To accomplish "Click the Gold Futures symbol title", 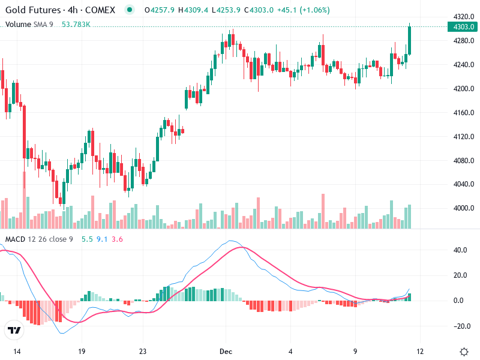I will tap(33, 10).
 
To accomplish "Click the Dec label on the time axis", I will tap(226, 350).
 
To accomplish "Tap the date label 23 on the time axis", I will tap(143, 350).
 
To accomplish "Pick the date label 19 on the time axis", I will tap(82, 350).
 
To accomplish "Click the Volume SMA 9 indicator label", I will tap(29, 24).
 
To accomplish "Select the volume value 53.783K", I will tap(76, 24).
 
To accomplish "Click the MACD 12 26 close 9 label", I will tap(39, 239).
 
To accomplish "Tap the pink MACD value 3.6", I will tap(117, 239).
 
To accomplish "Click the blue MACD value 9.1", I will tap(102, 239).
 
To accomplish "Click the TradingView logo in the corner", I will tap(14, 330).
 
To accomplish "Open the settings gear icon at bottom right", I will tap(463, 351).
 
